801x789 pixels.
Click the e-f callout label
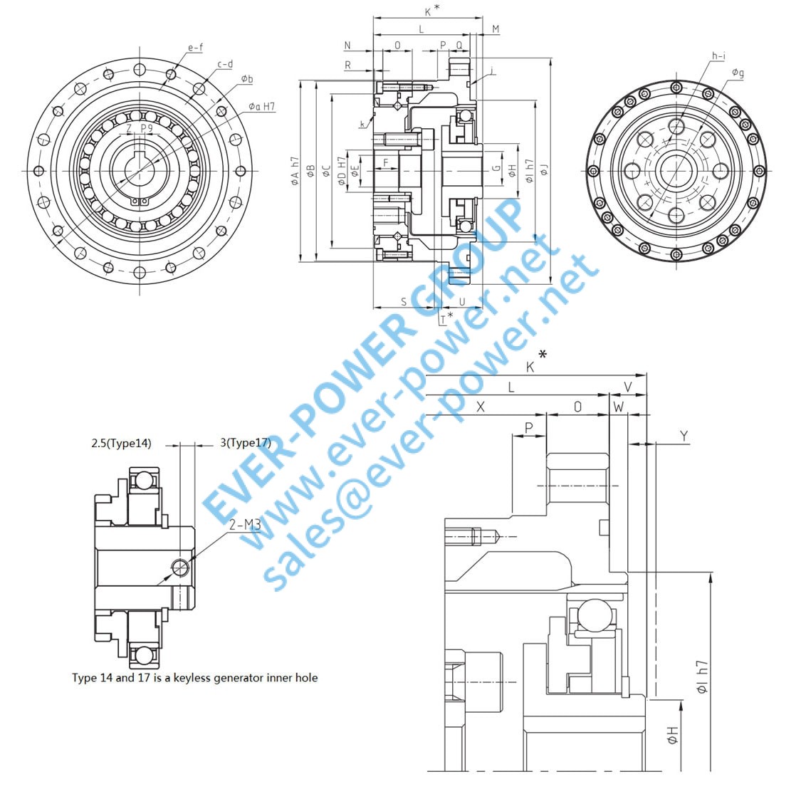195,48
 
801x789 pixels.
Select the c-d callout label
225,64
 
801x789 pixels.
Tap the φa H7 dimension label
261,107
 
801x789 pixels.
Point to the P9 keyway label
146,128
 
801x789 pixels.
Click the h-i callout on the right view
718,56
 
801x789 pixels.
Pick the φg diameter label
738,73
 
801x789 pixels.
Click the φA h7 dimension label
295,172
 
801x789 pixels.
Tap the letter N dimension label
347,46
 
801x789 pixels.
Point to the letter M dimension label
496,29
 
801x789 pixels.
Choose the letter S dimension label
404,302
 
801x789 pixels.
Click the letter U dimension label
461,302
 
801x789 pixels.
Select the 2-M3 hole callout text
245,526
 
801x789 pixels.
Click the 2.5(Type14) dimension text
121,443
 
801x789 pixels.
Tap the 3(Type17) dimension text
246,443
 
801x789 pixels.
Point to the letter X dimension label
481,407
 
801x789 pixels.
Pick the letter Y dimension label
684,436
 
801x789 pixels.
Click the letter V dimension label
627,386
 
